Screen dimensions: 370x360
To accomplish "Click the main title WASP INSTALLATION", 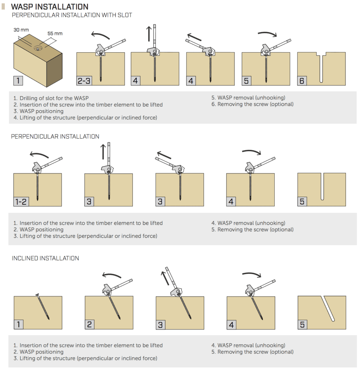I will [50, 7].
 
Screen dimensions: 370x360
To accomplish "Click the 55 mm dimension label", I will [55, 34].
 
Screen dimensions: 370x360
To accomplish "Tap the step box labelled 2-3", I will [84, 81].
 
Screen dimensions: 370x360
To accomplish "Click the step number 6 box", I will [302, 81].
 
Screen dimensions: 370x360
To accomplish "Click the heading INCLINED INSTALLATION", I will [45, 258].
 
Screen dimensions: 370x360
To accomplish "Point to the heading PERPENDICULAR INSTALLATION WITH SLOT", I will [72, 15].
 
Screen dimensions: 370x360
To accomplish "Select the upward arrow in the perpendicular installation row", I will [103, 151].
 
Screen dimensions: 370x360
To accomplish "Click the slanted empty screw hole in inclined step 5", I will [329, 308].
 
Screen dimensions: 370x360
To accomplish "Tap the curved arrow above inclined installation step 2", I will [111, 275].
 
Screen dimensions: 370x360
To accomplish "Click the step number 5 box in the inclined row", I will [302, 325].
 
